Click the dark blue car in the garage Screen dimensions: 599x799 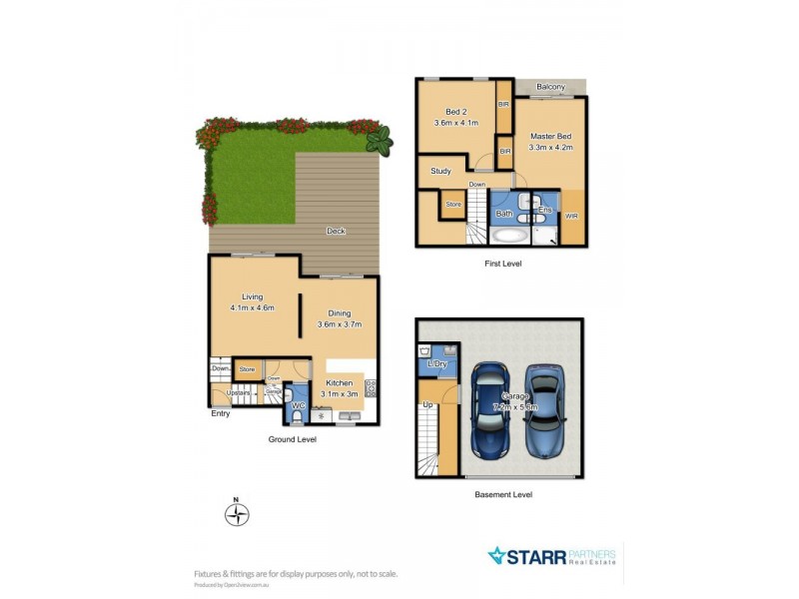tap(492, 411)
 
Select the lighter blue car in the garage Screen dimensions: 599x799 tap(545, 410)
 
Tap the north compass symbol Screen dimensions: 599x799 tap(237, 514)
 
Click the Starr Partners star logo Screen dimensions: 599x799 tap(497, 555)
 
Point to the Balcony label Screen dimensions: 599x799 tap(550, 88)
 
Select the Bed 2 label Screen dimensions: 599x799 tap(455, 111)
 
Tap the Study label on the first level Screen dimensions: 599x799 tap(440, 171)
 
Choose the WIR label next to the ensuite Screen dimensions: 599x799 tap(571, 216)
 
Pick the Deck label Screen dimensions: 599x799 tap(336, 232)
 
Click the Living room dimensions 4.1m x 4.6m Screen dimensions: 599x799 tap(251, 307)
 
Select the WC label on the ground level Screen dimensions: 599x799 tap(297, 405)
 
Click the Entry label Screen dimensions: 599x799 tap(220, 413)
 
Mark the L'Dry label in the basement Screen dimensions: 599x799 tap(436, 364)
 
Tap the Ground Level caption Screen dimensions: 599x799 tap(293, 439)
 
